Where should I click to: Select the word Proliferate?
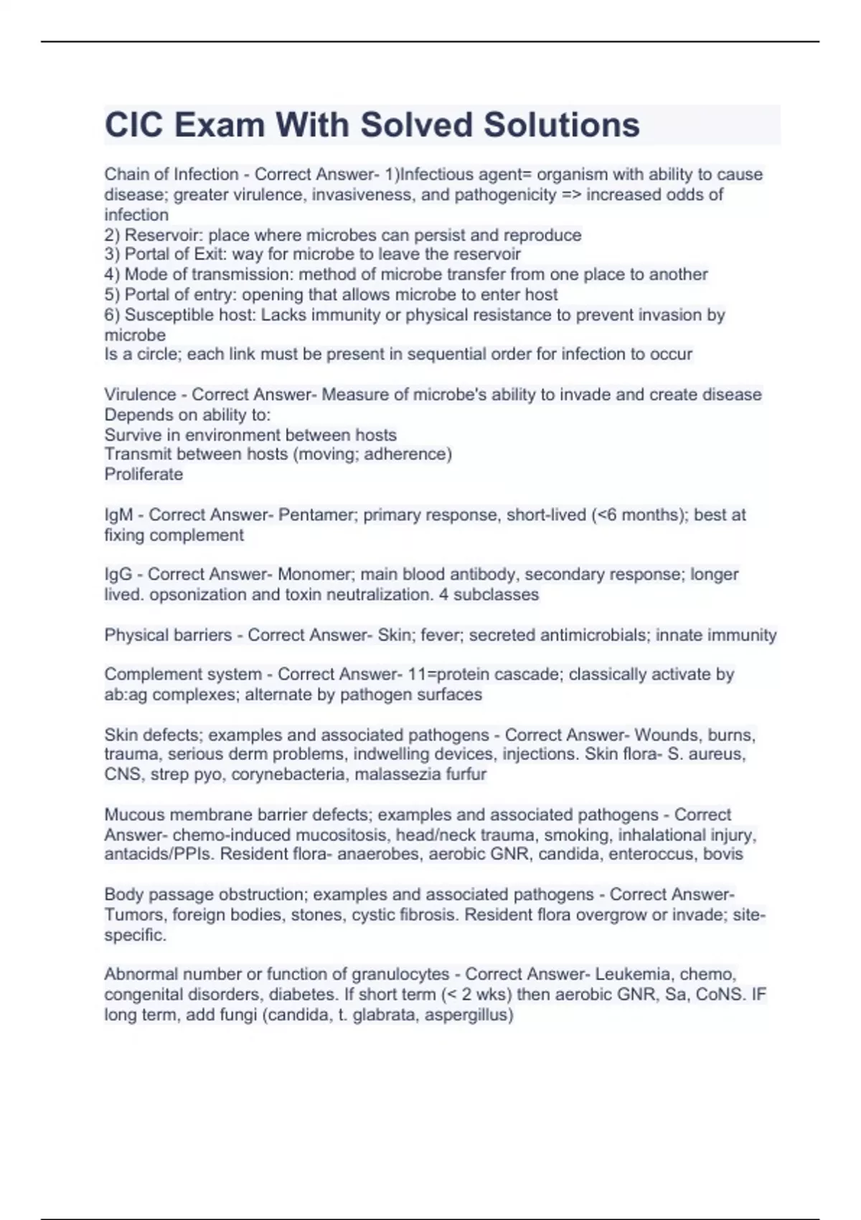(x=143, y=474)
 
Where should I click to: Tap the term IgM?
(x=118, y=515)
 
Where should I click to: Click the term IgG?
(x=118, y=574)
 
